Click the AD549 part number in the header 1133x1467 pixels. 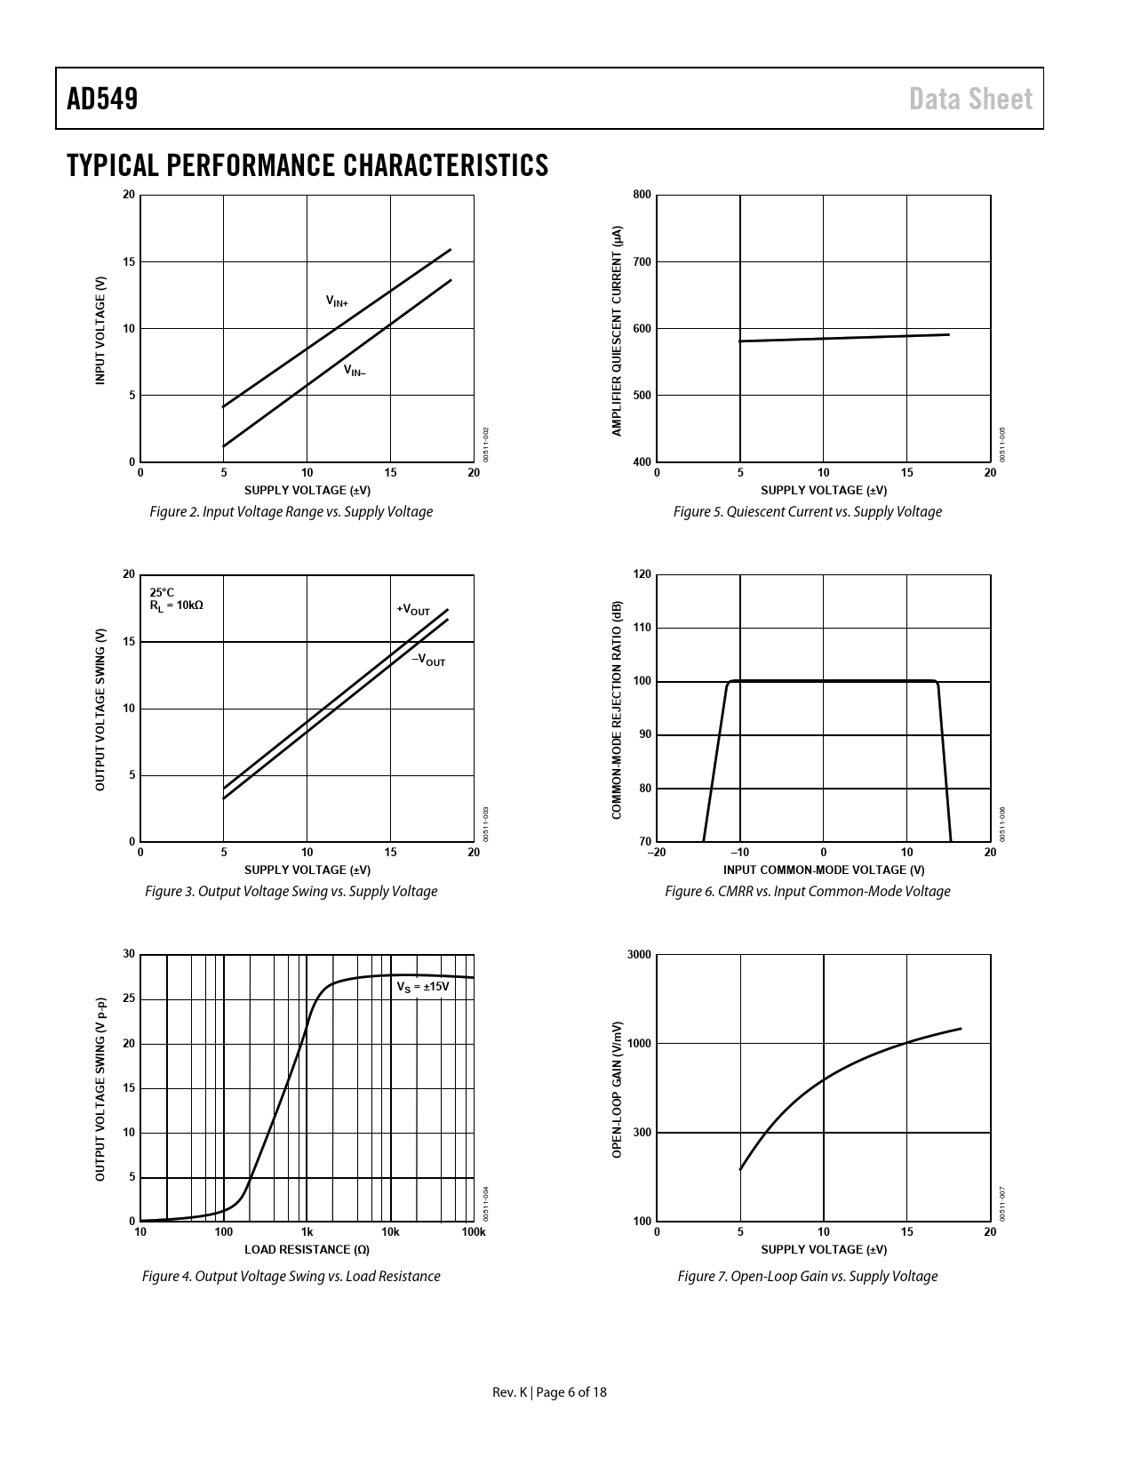(102, 99)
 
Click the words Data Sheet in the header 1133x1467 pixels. (970, 99)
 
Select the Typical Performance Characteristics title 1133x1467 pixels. (307, 165)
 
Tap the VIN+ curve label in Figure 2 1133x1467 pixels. (337, 302)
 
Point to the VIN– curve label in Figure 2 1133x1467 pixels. (355, 371)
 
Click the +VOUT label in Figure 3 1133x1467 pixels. (413, 610)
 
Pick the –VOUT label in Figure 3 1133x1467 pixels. (428, 661)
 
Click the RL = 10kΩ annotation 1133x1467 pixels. (176, 605)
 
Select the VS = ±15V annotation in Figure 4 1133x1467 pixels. (423, 987)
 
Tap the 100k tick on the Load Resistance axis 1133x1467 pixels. (474, 1232)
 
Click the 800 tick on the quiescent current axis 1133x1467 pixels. (642, 195)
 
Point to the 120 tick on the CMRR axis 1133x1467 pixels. (642, 574)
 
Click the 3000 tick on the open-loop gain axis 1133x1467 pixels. (639, 955)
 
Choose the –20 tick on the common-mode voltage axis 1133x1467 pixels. (656, 853)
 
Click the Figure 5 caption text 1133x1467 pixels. (807, 511)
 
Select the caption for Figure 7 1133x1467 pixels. (807, 1276)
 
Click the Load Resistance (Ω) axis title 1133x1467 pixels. (307, 1249)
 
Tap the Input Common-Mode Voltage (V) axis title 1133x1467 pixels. (823, 870)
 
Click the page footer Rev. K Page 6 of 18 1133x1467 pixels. (550, 1392)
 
